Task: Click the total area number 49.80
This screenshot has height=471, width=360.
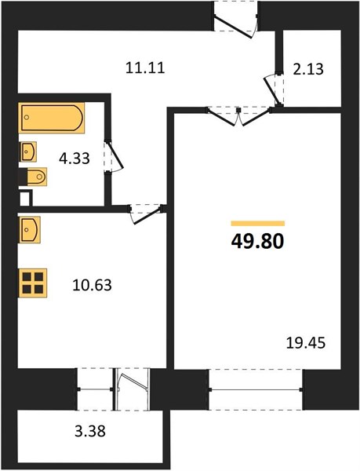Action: [257, 241]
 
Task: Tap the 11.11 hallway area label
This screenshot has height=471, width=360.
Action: [145, 68]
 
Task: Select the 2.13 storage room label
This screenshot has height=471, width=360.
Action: [308, 69]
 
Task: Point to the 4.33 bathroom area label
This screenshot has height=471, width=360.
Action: [75, 159]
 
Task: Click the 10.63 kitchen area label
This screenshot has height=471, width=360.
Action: [92, 285]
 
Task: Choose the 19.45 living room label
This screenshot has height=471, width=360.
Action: [306, 343]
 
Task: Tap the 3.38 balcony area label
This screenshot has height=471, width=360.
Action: [90, 431]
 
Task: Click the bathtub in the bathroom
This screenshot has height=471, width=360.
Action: [51, 118]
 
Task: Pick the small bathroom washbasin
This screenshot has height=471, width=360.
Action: [28, 152]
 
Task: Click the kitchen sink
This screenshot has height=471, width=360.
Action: [30, 229]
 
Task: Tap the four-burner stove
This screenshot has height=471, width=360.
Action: [33, 283]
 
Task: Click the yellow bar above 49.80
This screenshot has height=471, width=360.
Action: [258, 223]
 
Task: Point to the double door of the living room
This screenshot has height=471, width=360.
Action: [238, 116]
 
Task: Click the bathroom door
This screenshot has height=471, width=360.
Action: [114, 157]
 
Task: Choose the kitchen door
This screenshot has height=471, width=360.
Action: [147, 214]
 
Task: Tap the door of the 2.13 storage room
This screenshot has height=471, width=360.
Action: [274, 89]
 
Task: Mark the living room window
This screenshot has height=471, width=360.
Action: [256, 389]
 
